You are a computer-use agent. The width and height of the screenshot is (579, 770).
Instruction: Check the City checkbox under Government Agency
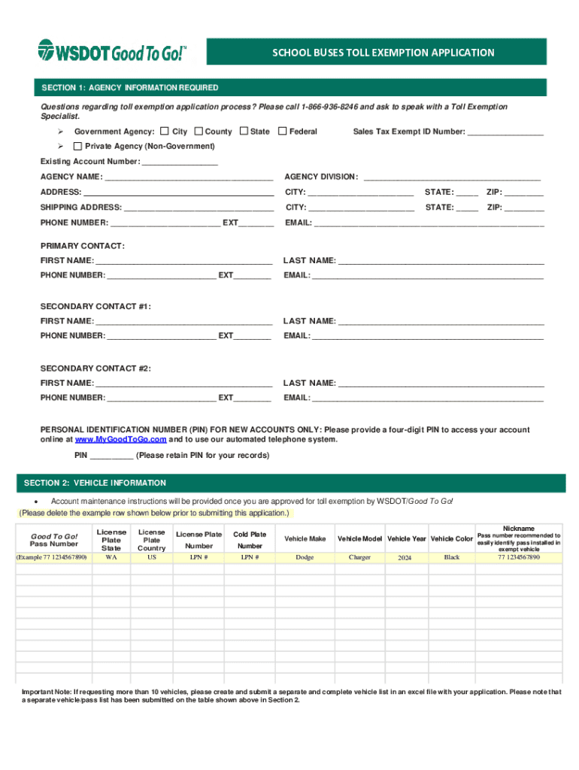[x=165, y=132]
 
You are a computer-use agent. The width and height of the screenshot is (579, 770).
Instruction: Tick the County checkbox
[x=199, y=132]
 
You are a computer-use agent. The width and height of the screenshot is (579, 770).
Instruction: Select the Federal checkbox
[x=283, y=132]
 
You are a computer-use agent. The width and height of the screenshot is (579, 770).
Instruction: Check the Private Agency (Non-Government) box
[x=77, y=146]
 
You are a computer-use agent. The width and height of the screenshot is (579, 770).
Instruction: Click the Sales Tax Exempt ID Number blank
[x=505, y=132]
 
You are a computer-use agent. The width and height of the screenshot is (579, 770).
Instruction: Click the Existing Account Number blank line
[x=180, y=162]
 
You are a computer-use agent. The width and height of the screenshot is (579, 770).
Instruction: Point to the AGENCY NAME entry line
[x=189, y=177]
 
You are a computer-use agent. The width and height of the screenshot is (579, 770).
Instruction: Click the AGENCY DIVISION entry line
[x=452, y=177]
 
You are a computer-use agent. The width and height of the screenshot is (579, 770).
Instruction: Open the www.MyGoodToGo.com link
[x=120, y=440]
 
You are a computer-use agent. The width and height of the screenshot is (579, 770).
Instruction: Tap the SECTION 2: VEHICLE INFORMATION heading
[x=95, y=483]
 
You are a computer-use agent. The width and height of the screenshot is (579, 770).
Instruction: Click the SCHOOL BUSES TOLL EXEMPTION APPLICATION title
[x=383, y=53]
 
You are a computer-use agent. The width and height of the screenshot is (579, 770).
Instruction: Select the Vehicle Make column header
[x=305, y=539]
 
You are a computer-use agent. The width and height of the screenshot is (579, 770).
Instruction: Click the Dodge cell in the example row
[x=305, y=558]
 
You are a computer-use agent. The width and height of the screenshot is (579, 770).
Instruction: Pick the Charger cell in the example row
[x=359, y=558]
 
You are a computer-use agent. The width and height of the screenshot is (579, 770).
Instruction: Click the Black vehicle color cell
[x=452, y=558]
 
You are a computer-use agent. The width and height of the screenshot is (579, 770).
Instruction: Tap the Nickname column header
[x=519, y=529]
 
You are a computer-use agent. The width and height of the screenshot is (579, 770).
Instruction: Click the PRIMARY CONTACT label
[x=83, y=247]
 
